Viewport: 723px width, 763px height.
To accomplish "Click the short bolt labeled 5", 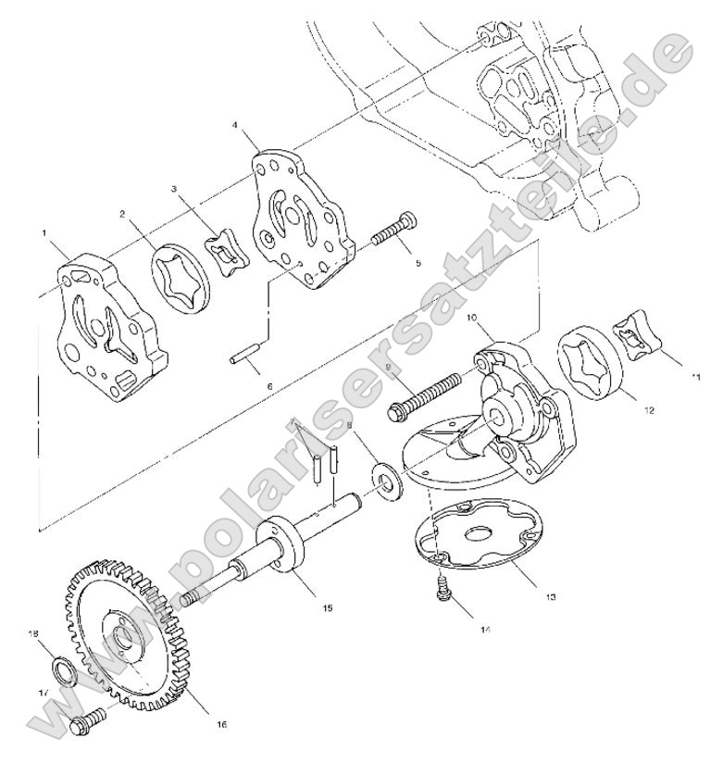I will point(393,231).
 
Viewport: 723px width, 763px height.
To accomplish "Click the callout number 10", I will point(471,318).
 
